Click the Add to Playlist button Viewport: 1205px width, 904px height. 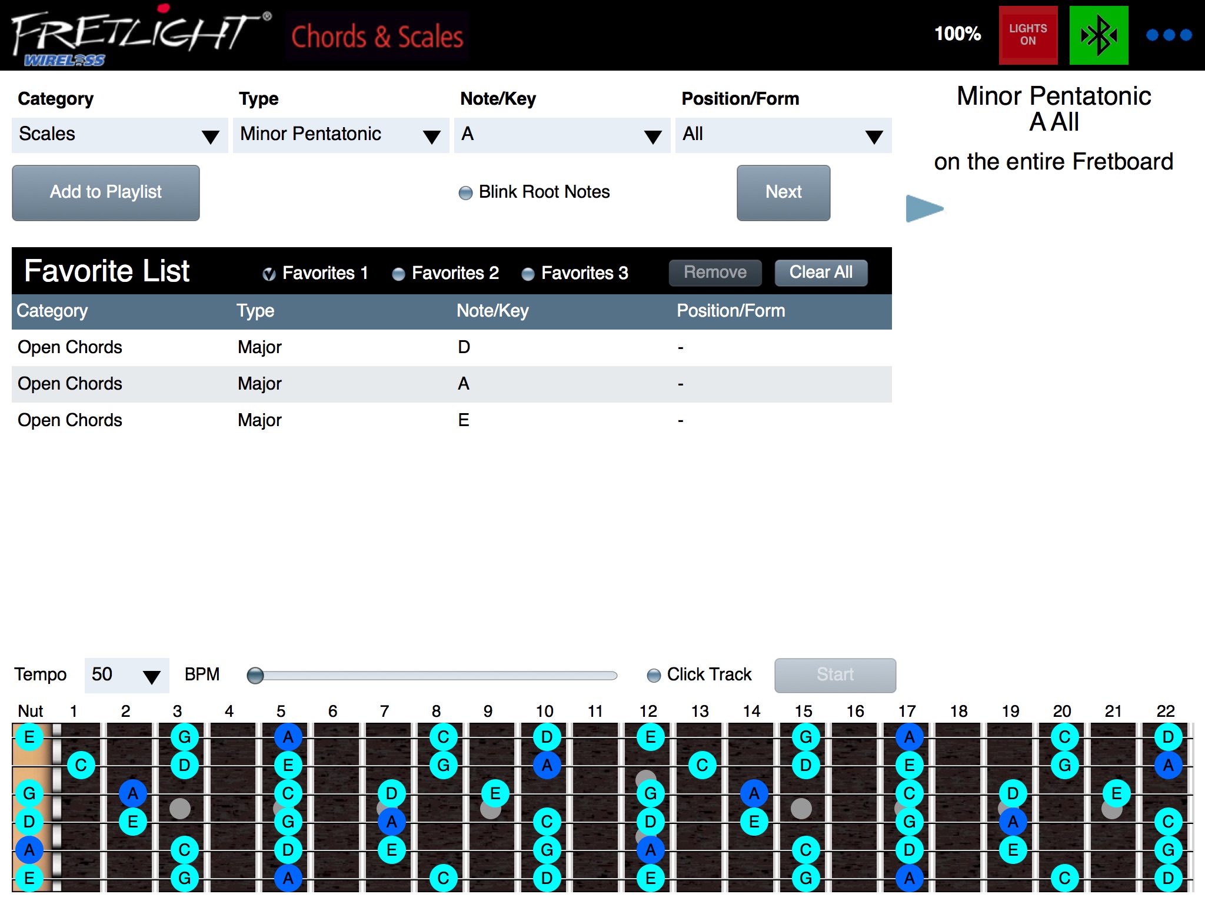tap(106, 192)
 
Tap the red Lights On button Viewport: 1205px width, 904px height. tap(1028, 35)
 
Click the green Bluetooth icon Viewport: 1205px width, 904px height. tap(1099, 35)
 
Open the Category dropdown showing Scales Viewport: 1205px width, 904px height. tap(120, 135)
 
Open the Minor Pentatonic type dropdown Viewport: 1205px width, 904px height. tap(341, 135)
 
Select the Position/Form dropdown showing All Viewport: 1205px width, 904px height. tap(784, 135)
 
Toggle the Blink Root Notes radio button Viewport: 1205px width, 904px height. tap(465, 193)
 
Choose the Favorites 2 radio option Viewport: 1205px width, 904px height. tap(398, 274)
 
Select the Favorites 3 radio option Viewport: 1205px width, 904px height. tap(528, 274)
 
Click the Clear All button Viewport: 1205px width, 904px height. tap(821, 272)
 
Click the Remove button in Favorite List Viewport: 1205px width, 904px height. tap(715, 272)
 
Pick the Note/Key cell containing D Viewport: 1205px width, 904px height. tap(464, 347)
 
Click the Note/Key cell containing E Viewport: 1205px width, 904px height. tap(464, 420)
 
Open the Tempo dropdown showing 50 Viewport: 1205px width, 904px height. tap(127, 675)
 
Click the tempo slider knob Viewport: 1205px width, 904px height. tap(255, 675)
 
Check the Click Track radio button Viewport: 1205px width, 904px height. tap(654, 675)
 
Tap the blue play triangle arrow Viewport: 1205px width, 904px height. tap(924, 208)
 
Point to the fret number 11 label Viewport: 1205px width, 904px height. tap(595, 712)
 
